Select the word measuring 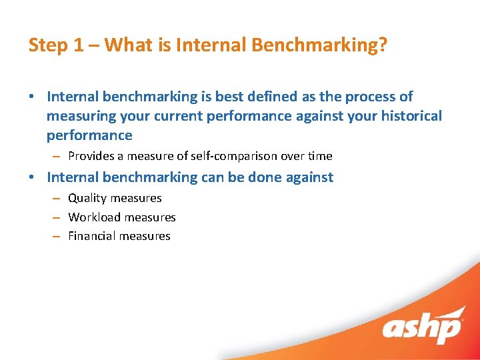(x=79, y=116)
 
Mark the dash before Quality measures (x=56, y=199)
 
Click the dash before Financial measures (x=56, y=237)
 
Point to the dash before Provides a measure (x=56, y=157)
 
